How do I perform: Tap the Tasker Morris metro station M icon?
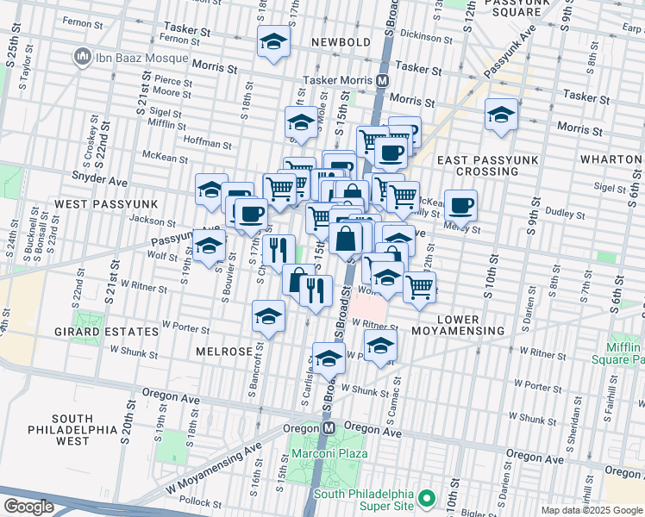[381, 79]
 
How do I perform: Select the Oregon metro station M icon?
[329, 427]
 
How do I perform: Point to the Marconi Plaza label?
[328, 453]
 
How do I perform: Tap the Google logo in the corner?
[28, 507]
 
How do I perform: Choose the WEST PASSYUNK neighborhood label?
[94, 203]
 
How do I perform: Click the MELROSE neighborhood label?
[223, 352]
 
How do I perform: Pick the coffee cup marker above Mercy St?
[461, 205]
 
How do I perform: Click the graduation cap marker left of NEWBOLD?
[273, 40]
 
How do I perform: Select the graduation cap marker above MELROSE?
[269, 316]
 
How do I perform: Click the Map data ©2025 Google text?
[592, 510]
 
